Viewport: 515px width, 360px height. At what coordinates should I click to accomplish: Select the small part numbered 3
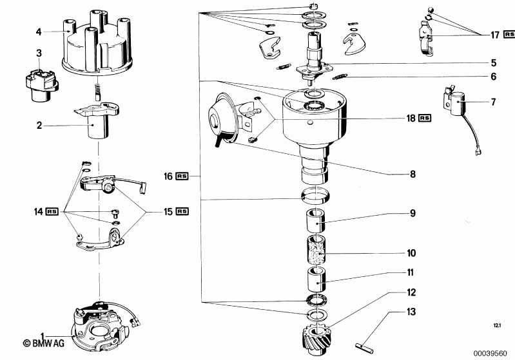pyautogui.click(x=37, y=84)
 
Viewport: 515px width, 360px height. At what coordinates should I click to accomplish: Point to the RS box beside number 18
pyautogui.click(x=425, y=118)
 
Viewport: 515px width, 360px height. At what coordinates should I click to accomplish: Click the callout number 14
pyautogui.click(x=37, y=211)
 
